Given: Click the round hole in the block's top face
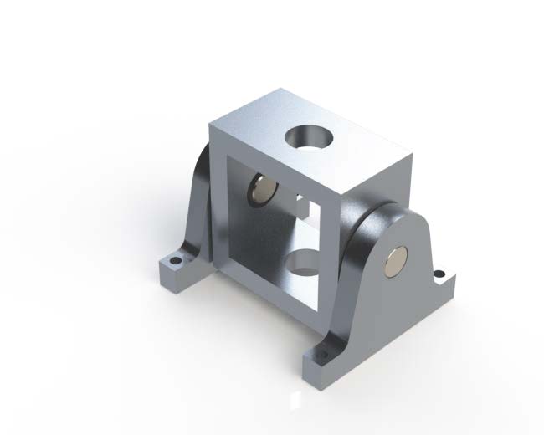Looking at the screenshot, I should [x=309, y=136].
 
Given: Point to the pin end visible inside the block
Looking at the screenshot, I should [x=262, y=191].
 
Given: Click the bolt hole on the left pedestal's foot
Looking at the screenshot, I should [x=176, y=261].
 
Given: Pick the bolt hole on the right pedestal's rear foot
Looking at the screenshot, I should [x=439, y=272].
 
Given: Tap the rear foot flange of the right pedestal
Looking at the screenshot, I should [x=439, y=276].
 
